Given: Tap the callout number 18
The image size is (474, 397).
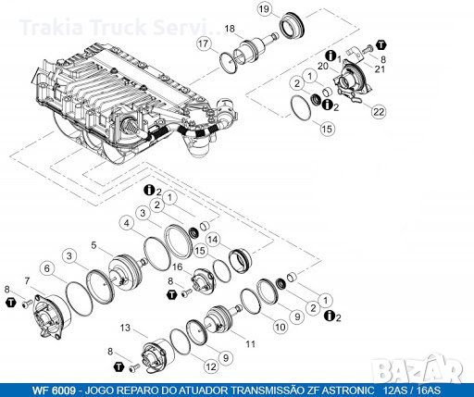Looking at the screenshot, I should (230, 29).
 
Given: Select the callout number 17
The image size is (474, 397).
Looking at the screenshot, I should (203, 43).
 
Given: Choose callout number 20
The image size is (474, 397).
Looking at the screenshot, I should (323, 67).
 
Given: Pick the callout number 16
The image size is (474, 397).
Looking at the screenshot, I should (179, 267).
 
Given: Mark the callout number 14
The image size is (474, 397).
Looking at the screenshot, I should (212, 239).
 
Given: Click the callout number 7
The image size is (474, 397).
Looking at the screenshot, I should (28, 280).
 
